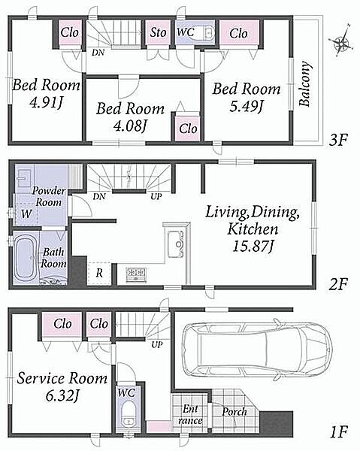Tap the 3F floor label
point(338,140)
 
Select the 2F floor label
point(338,284)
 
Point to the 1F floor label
point(339,431)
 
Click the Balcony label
point(305,83)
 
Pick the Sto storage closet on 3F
point(158,32)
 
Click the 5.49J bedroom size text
point(246,107)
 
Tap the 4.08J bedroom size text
point(130,126)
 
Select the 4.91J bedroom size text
point(46,102)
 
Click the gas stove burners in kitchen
point(136,274)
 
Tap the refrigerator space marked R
point(99,274)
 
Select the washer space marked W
point(26,213)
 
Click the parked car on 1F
point(257,350)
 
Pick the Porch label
point(234,412)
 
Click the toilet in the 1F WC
point(128,416)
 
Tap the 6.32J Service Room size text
point(62,396)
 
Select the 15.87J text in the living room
point(253,247)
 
